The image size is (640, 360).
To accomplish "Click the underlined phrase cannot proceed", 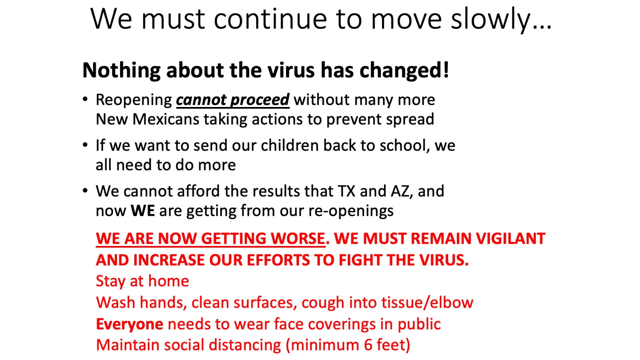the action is [x=233, y=100].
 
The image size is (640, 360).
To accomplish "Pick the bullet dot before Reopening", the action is [x=85, y=99].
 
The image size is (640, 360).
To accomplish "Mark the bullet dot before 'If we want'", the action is [x=85, y=145].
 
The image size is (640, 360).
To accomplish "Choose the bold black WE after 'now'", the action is [x=143, y=211].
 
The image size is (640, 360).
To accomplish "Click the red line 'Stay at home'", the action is [x=142, y=281].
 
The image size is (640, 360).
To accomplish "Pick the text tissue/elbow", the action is [x=427, y=302].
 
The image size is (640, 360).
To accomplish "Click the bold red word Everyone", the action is [x=130, y=324].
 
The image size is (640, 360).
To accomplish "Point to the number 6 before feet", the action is [x=368, y=345].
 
